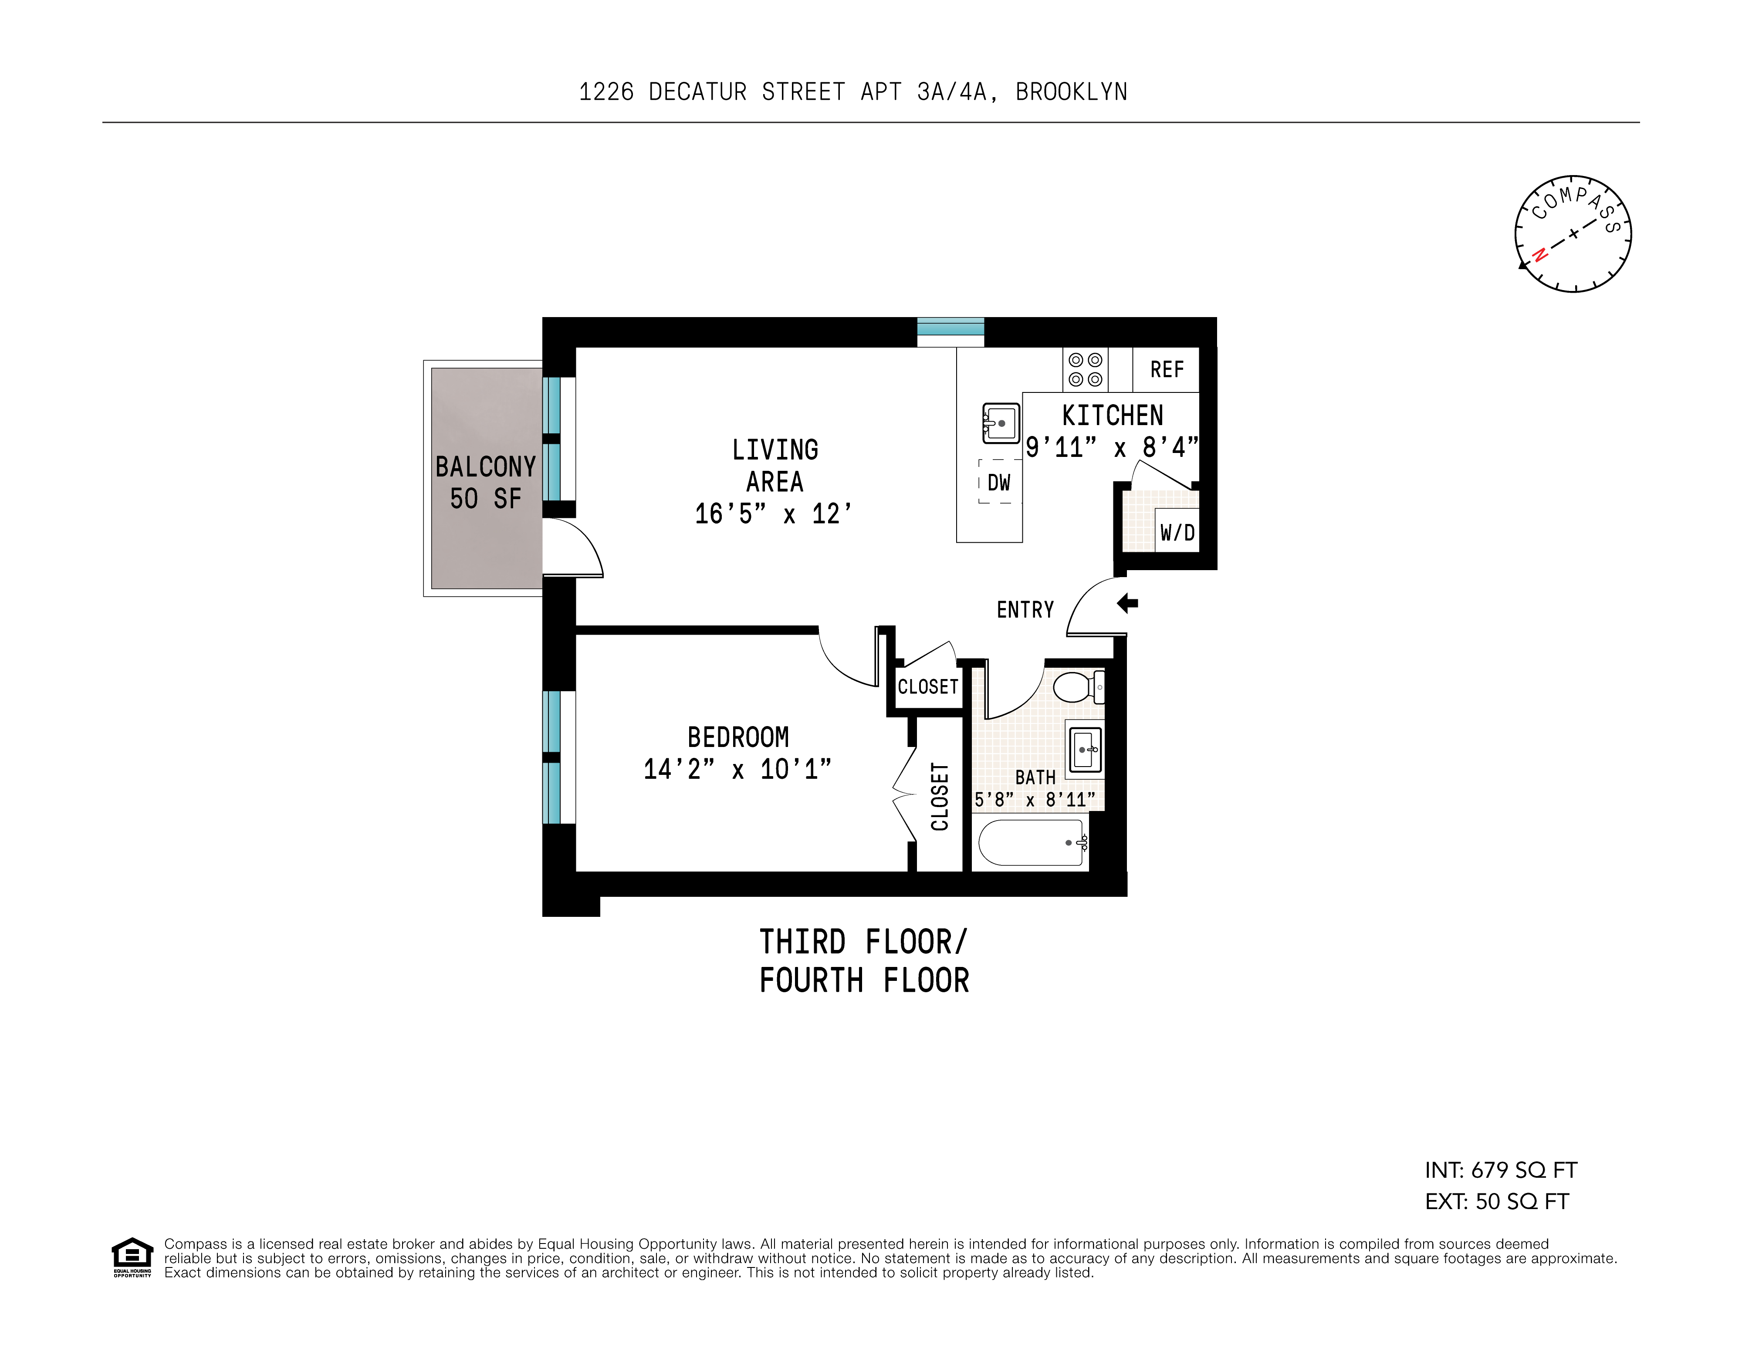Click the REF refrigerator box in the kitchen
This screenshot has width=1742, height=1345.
click(x=1165, y=369)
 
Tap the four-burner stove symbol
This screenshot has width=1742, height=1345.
click(x=1085, y=369)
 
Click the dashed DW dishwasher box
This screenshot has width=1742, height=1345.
click(x=999, y=481)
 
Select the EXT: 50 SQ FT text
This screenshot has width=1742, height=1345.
click(x=1496, y=1201)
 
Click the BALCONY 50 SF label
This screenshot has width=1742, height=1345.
click(x=485, y=482)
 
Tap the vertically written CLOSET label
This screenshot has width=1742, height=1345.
click(x=940, y=796)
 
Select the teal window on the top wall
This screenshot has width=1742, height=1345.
click(x=950, y=327)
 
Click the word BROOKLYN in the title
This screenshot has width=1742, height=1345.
click(x=1071, y=92)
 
